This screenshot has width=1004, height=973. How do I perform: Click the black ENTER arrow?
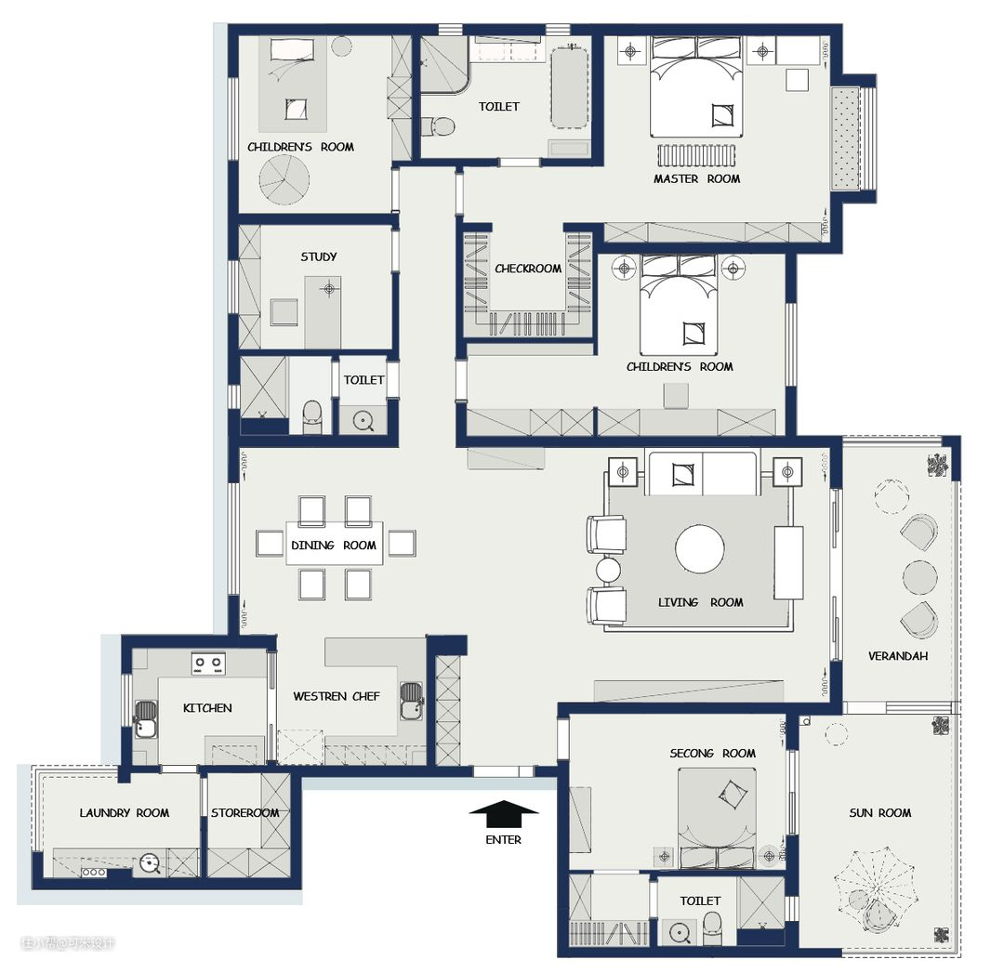(504, 813)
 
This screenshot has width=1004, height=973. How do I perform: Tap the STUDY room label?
(318, 256)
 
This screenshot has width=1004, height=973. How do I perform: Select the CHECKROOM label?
(528, 269)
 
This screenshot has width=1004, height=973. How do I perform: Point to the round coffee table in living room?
(700, 549)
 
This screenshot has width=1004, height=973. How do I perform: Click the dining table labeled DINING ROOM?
(335, 544)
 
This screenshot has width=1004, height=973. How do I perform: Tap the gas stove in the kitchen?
(209, 664)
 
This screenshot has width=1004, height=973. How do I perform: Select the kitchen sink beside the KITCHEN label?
(145, 719)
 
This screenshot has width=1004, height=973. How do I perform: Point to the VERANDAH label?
(898, 656)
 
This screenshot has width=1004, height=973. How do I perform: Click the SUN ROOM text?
(879, 813)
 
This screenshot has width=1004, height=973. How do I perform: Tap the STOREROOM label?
(244, 813)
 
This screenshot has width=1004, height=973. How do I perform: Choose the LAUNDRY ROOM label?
(125, 813)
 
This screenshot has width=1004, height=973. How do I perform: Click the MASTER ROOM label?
(696, 179)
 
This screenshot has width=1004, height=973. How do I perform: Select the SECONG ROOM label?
(713, 754)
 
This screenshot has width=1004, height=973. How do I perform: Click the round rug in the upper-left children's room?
(284, 179)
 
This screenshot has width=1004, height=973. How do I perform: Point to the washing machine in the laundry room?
(150, 863)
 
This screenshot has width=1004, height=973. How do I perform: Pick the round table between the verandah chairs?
(919, 577)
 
